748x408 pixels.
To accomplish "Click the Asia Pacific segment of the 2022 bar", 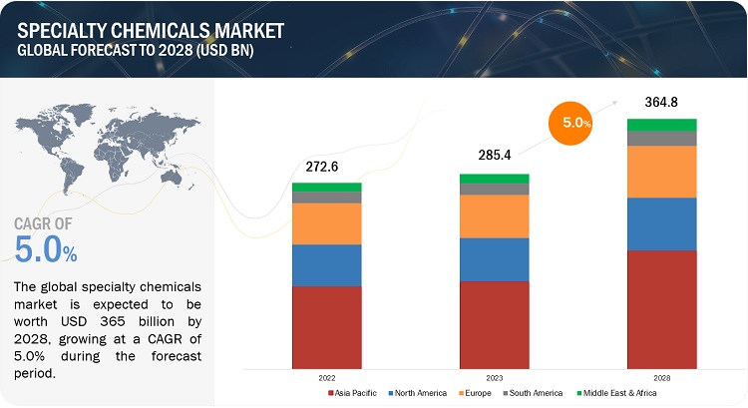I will click(326, 328).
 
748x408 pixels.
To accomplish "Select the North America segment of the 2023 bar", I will click(494, 259).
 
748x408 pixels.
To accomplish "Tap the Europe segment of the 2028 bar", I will click(661, 172).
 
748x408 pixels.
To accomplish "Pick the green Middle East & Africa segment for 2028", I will click(661, 125).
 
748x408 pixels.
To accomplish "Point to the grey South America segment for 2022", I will click(326, 198).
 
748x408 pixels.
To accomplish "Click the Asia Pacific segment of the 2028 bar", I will click(661, 309).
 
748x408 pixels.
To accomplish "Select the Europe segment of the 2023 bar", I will click(494, 215).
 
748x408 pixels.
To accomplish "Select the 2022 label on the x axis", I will click(326, 379).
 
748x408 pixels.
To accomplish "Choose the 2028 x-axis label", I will click(661, 379).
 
